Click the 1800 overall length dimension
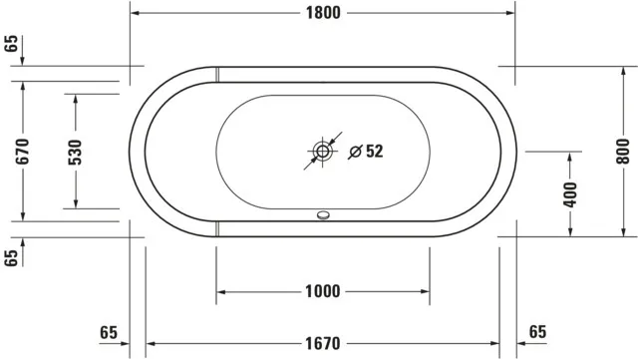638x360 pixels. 323,13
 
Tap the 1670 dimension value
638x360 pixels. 323,343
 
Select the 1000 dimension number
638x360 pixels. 323,291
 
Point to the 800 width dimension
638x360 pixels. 622,152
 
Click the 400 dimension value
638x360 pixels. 570,194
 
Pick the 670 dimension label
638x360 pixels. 23,152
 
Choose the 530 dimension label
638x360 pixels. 75,152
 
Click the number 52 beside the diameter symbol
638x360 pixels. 375,152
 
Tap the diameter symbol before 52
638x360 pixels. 355,152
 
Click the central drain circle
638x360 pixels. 323,152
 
